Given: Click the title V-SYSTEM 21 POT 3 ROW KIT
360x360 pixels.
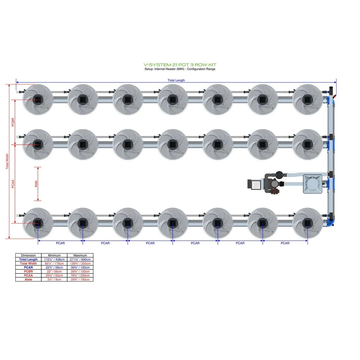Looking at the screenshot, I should tap(180, 65).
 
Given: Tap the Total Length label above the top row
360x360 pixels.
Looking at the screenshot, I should tap(176, 81).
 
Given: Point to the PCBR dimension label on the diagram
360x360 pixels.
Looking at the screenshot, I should tap(13, 122).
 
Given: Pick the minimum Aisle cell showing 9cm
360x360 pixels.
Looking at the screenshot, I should tap(54, 280).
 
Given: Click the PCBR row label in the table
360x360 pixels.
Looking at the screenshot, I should tap(28, 272).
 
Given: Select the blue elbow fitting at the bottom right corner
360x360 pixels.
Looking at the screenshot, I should tap(332, 220).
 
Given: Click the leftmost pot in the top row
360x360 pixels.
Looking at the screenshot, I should tap(38, 99).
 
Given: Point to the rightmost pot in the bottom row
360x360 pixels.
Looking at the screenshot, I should tap(307, 222).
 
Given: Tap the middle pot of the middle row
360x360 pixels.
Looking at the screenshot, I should tap(173, 144).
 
